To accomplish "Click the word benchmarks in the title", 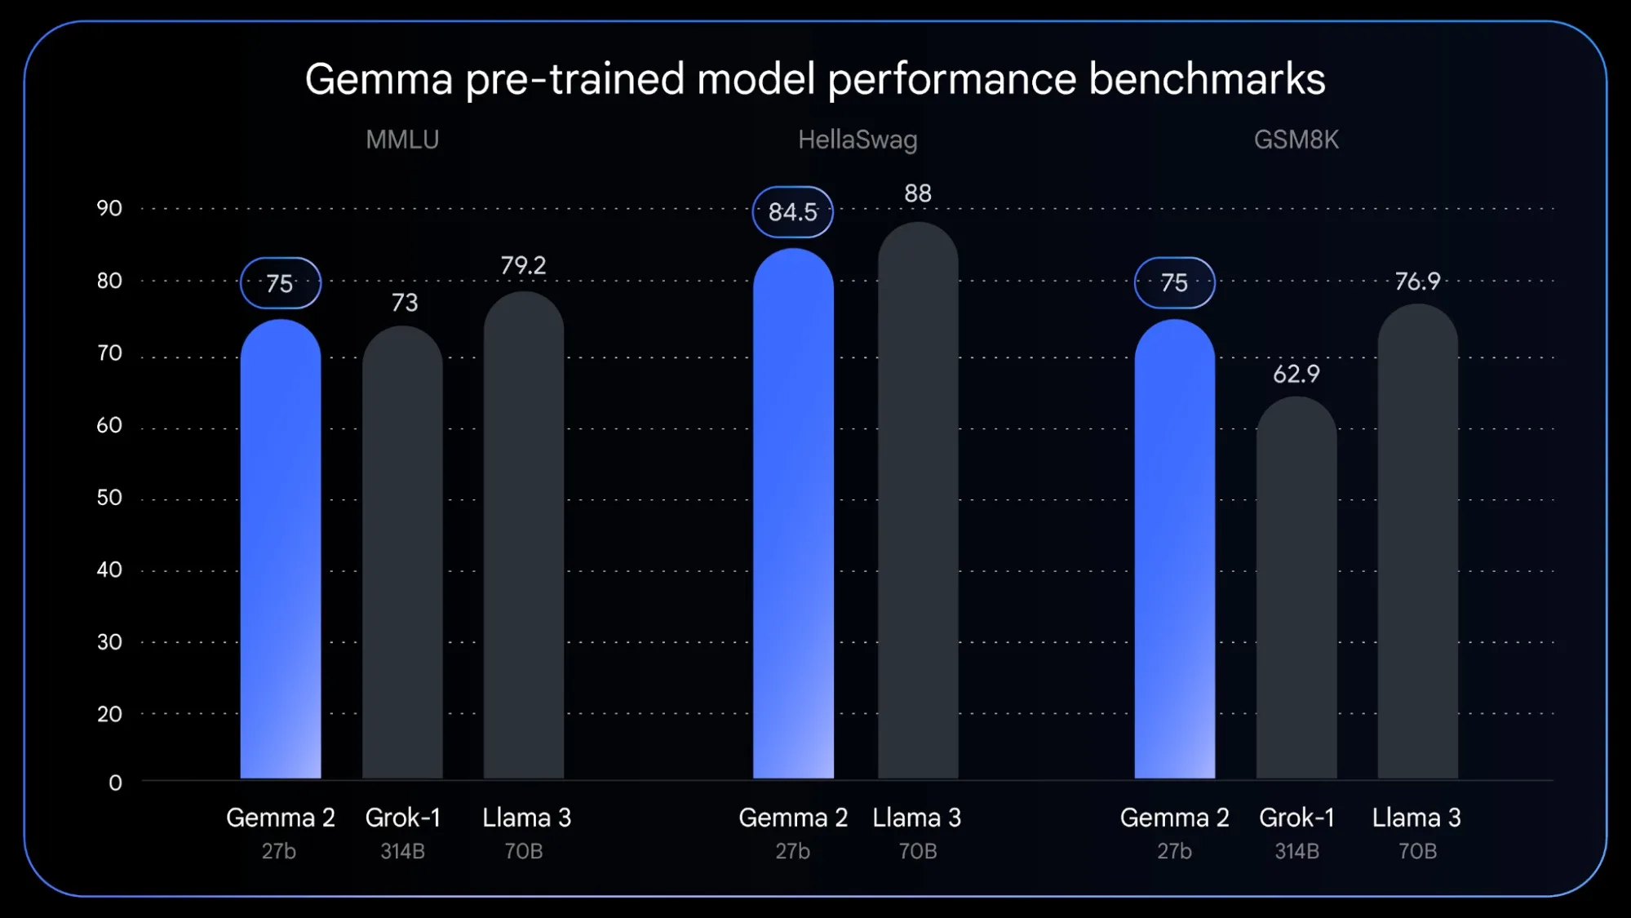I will point(1207,79).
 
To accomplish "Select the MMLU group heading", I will point(402,140).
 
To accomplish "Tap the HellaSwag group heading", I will point(858,140).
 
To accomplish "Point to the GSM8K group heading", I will point(1296,140).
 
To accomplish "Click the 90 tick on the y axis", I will point(109,208).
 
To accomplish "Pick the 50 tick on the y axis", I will point(109,498).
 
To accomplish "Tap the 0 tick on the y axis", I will point(115,783).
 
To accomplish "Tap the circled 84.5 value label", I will point(792,212).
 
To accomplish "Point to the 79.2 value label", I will point(523,265).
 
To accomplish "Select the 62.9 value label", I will point(1296,374).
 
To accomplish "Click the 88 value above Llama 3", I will point(918,193).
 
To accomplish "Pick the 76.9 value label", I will point(1417,282).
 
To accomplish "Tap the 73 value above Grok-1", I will point(405,303).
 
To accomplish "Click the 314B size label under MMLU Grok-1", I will point(402,851).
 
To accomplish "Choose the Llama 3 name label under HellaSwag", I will point(917,818).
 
